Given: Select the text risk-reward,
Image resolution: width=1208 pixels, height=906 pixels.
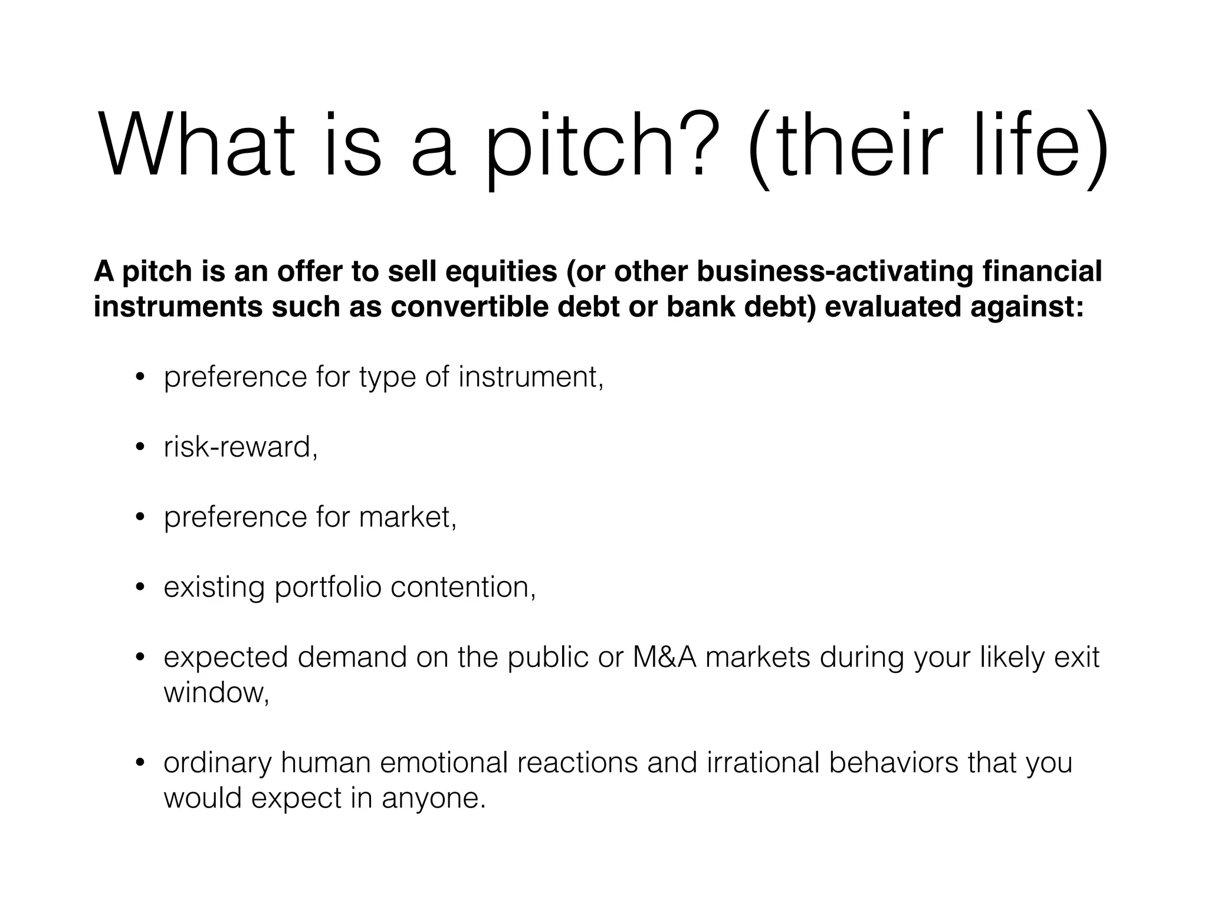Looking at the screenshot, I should pyautogui.click(x=241, y=447).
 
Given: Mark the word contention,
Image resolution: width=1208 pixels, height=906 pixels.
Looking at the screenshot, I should pyautogui.click(x=463, y=587).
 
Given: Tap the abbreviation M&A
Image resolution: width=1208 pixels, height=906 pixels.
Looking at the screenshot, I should pyautogui.click(x=664, y=657).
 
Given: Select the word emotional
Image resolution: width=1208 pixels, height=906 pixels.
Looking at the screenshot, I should pyautogui.click(x=444, y=762).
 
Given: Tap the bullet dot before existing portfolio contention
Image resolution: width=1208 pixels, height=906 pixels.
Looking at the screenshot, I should pyautogui.click(x=140, y=588).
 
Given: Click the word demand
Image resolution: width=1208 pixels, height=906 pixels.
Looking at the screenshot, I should pyautogui.click(x=352, y=657).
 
